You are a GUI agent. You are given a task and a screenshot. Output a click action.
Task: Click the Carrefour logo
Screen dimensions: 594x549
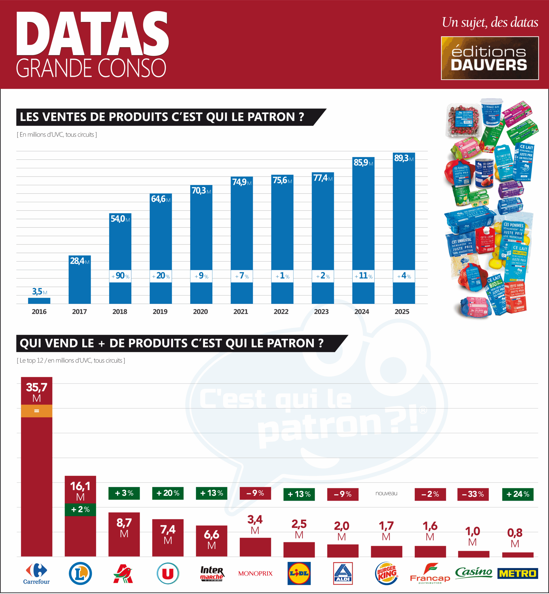(36, 573)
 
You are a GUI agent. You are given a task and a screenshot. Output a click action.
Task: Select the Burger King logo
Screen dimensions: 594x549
(386, 573)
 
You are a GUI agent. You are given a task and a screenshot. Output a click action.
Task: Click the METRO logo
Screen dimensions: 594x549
(518, 573)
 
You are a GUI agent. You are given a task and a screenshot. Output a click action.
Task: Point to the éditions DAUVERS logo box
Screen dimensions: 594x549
(490, 58)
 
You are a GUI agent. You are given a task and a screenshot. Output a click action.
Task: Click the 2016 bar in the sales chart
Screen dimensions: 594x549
(39, 300)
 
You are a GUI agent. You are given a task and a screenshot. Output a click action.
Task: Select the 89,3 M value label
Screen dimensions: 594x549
(403, 158)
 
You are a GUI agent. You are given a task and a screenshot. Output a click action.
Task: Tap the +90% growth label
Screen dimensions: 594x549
(120, 276)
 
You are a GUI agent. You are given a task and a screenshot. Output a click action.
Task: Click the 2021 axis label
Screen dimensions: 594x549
(241, 312)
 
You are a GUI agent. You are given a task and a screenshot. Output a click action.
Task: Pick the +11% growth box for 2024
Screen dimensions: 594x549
(363, 276)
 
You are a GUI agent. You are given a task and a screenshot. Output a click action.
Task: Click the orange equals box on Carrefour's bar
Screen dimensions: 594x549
(36, 411)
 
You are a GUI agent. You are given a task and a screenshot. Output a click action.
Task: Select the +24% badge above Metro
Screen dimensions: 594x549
(518, 494)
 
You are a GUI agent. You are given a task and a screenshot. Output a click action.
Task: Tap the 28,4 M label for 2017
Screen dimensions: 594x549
(79, 261)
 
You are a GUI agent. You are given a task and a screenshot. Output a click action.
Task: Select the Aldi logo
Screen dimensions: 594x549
(343, 573)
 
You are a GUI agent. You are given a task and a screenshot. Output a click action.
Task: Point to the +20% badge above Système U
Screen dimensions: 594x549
(168, 493)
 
